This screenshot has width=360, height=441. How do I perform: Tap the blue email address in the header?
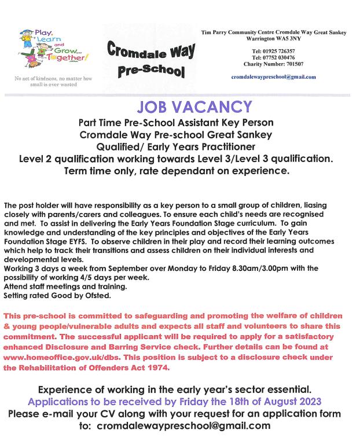pyautogui.click(x=273, y=76)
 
